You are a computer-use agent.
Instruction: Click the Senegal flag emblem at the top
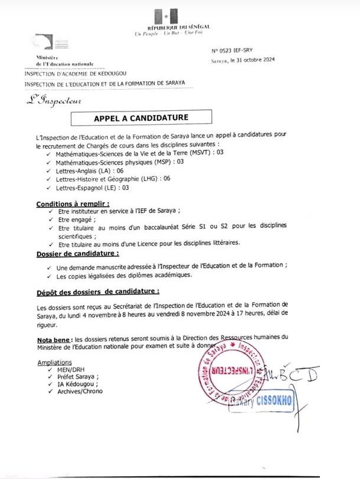click(165, 16)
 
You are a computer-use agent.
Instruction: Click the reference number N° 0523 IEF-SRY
click(232, 52)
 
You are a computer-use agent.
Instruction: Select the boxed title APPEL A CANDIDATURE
click(132, 118)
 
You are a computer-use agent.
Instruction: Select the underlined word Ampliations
click(54, 363)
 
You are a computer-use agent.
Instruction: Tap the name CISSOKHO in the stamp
click(273, 401)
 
